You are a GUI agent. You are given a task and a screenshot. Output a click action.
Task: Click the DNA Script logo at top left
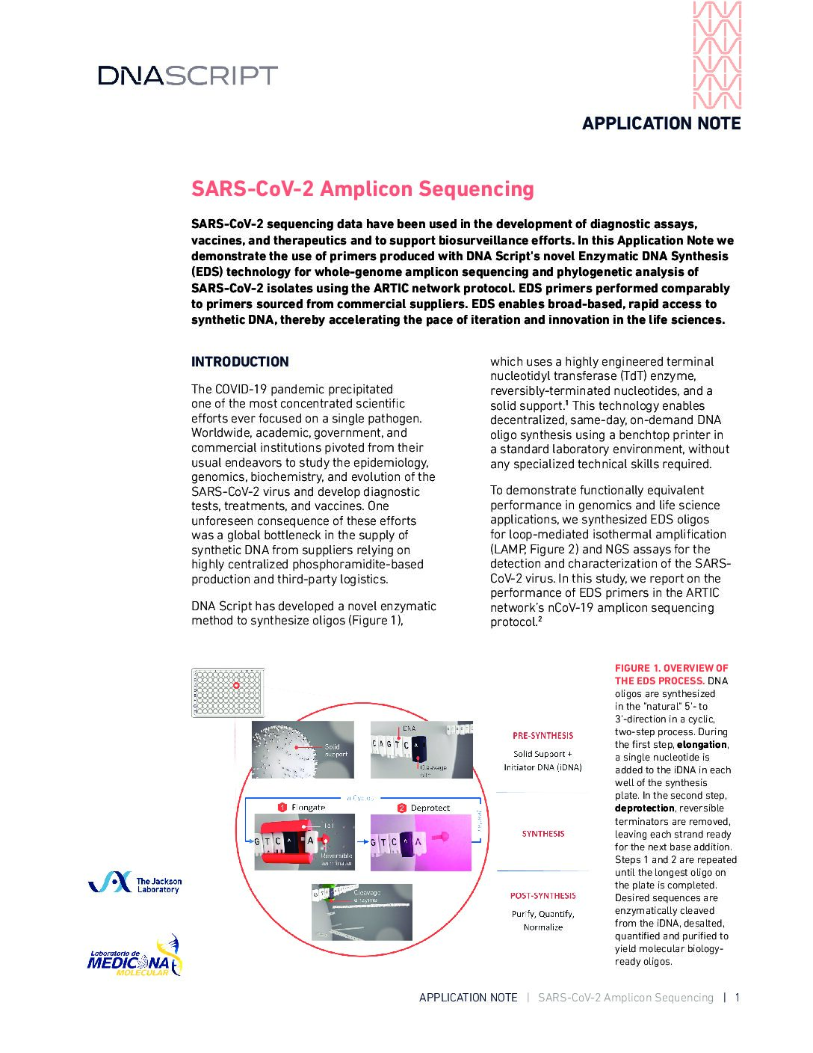pyautogui.click(x=188, y=76)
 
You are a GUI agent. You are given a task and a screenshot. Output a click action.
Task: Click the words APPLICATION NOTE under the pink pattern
pyautogui.click(x=661, y=124)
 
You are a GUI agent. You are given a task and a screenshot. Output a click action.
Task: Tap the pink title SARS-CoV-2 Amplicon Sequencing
pyautogui.click(x=362, y=189)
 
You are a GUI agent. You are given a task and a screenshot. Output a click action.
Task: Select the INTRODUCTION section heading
pyautogui.click(x=240, y=362)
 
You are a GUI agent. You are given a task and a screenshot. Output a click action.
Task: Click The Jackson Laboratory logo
pyautogui.click(x=135, y=884)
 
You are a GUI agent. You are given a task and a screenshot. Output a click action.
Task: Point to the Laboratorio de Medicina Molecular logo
pyautogui.click(x=135, y=957)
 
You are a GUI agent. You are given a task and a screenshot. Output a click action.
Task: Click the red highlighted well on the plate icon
pyautogui.click(x=236, y=685)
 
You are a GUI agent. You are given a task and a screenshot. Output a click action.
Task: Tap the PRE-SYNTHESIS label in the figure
pyautogui.click(x=543, y=736)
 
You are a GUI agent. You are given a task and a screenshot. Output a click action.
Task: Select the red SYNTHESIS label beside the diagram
pyautogui.click(x=543, y=834)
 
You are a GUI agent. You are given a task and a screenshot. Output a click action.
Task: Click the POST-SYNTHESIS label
pyautogui.click(x=543, y=896)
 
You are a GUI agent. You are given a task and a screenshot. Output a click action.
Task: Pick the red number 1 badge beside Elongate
pyautogui.click(x=282, y=808)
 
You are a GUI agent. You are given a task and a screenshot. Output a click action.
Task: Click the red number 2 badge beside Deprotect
pyautogui.click(x=401, y=808)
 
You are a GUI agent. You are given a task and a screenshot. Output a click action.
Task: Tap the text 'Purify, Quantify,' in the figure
pyautogui.click(x=543, y=914)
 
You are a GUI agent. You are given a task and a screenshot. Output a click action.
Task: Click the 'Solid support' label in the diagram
pyautogui.click(x=336, y=750)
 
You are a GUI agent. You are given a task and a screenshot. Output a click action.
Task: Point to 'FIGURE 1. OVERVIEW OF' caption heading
pyautogui.click(x=671, y=668)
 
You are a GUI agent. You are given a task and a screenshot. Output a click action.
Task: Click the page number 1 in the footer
pyautogui.click(x=737, y=998)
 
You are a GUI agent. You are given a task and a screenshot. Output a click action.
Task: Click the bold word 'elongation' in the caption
pyautogui.click(x=702, y=745)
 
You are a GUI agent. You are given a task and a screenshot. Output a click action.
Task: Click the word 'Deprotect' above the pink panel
pyautogui.click(x=430, y=808)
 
